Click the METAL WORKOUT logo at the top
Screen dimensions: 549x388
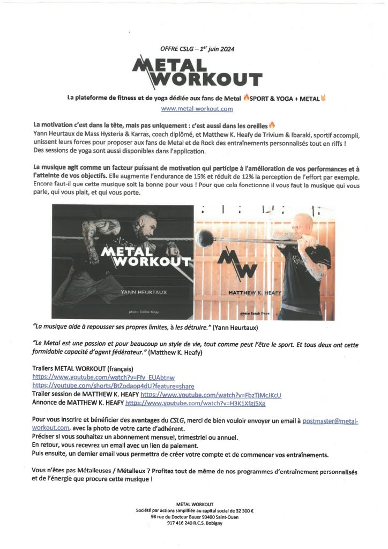coord(197,72)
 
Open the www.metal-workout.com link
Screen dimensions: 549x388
coord(197,109)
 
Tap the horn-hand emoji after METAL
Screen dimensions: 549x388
coord(324,98)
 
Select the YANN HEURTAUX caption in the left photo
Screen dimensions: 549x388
coord(136,294)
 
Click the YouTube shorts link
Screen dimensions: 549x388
coord(113,386)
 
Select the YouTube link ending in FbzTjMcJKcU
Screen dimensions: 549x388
coord(211,395)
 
